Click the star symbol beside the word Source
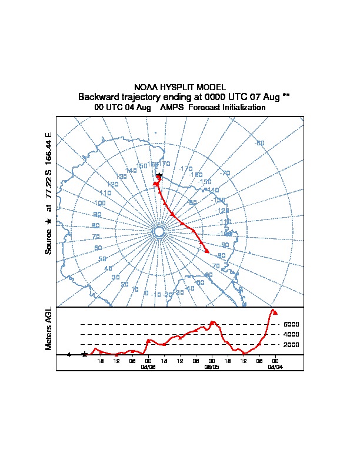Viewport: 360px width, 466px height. (x=49, y=221)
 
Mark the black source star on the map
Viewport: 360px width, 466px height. (x=159, y=175)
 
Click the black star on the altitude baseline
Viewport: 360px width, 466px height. (x=85, y=354)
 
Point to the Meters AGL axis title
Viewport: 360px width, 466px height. (x=49, y=328)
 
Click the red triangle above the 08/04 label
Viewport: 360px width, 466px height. (x=275, y=313)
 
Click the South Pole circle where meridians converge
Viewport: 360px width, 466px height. (x=159, y=232)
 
